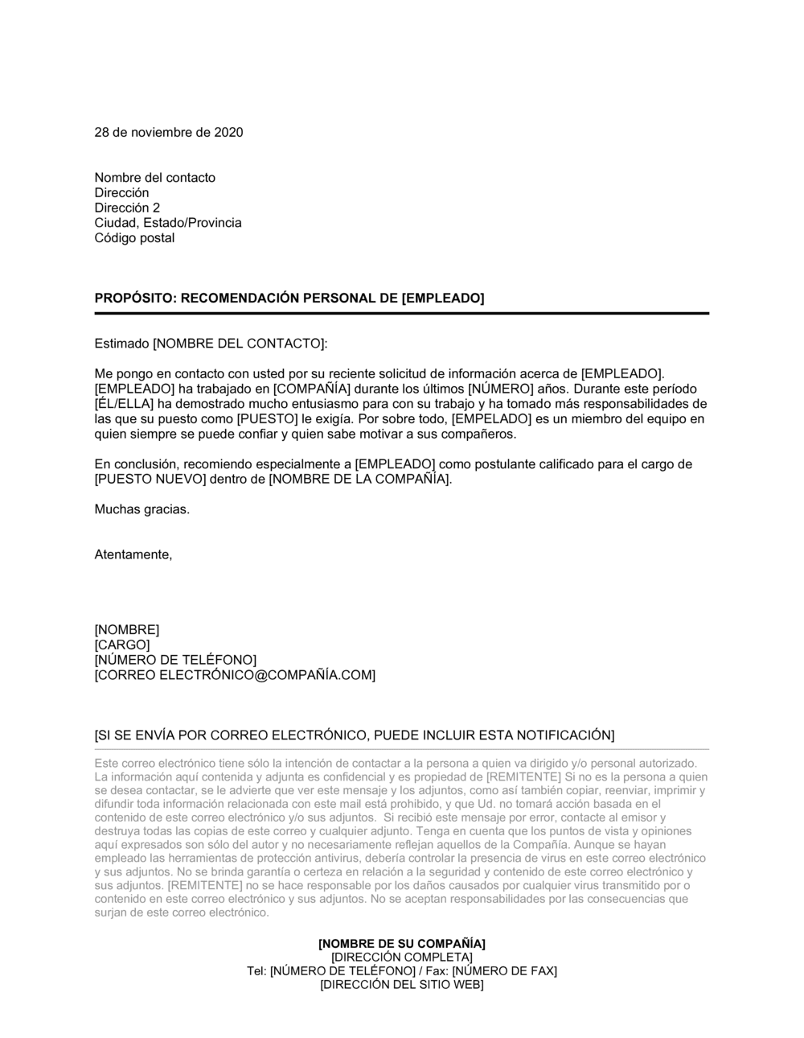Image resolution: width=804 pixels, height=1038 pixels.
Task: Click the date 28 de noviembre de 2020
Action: click(168, 133)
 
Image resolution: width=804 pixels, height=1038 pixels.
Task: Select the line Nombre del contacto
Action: click(154, 178)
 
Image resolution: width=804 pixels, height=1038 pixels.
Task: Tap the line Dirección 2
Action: click(127, 208)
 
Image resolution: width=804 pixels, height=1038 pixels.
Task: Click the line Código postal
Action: click(134, 238)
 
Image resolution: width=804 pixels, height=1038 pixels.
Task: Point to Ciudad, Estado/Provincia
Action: click(167, 223)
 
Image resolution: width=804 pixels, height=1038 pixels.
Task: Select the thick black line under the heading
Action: click(401, 313)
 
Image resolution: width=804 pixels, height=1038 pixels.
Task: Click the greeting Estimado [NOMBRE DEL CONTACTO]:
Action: click(211, 344)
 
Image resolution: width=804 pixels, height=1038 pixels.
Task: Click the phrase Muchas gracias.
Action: click(142, 509)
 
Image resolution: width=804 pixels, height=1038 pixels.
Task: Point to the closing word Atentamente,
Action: click(133, 554)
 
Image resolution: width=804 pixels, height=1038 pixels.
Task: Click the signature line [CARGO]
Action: click(122, 645)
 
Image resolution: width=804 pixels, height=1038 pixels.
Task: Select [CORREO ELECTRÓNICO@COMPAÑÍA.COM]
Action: click(235, 675)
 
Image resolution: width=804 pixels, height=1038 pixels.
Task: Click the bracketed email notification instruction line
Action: click(354, 735)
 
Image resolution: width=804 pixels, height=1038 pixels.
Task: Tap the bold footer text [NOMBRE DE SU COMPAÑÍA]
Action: click(401, 943)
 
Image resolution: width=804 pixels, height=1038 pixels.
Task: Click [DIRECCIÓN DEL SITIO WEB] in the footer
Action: click(401, 985)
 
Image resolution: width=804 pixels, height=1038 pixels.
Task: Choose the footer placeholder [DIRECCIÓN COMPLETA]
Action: click(401, 957)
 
